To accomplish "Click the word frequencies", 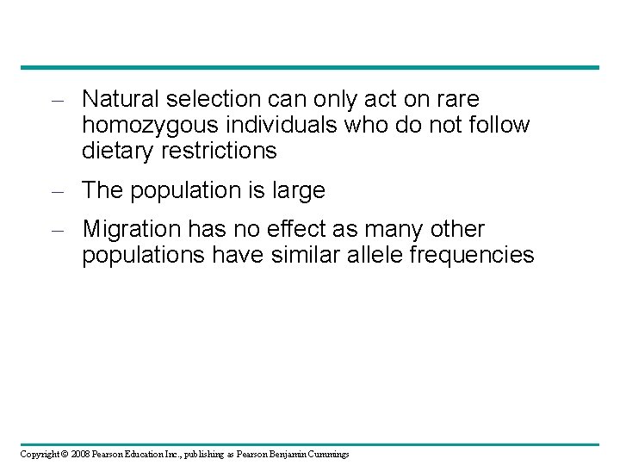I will [485, 256].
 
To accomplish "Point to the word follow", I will [501, 126].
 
